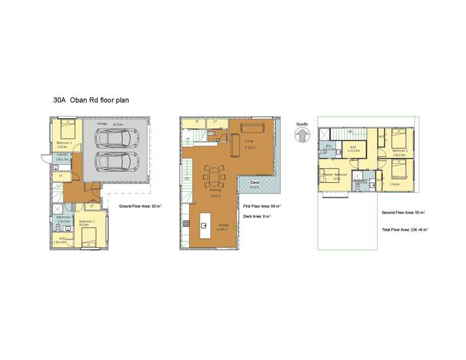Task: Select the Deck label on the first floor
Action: coord(254,183)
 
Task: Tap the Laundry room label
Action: coord(62,154)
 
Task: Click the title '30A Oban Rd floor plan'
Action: coord(91,99)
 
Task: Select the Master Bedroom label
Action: coord(335,175)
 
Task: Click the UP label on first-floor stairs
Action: coord(188,139)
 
